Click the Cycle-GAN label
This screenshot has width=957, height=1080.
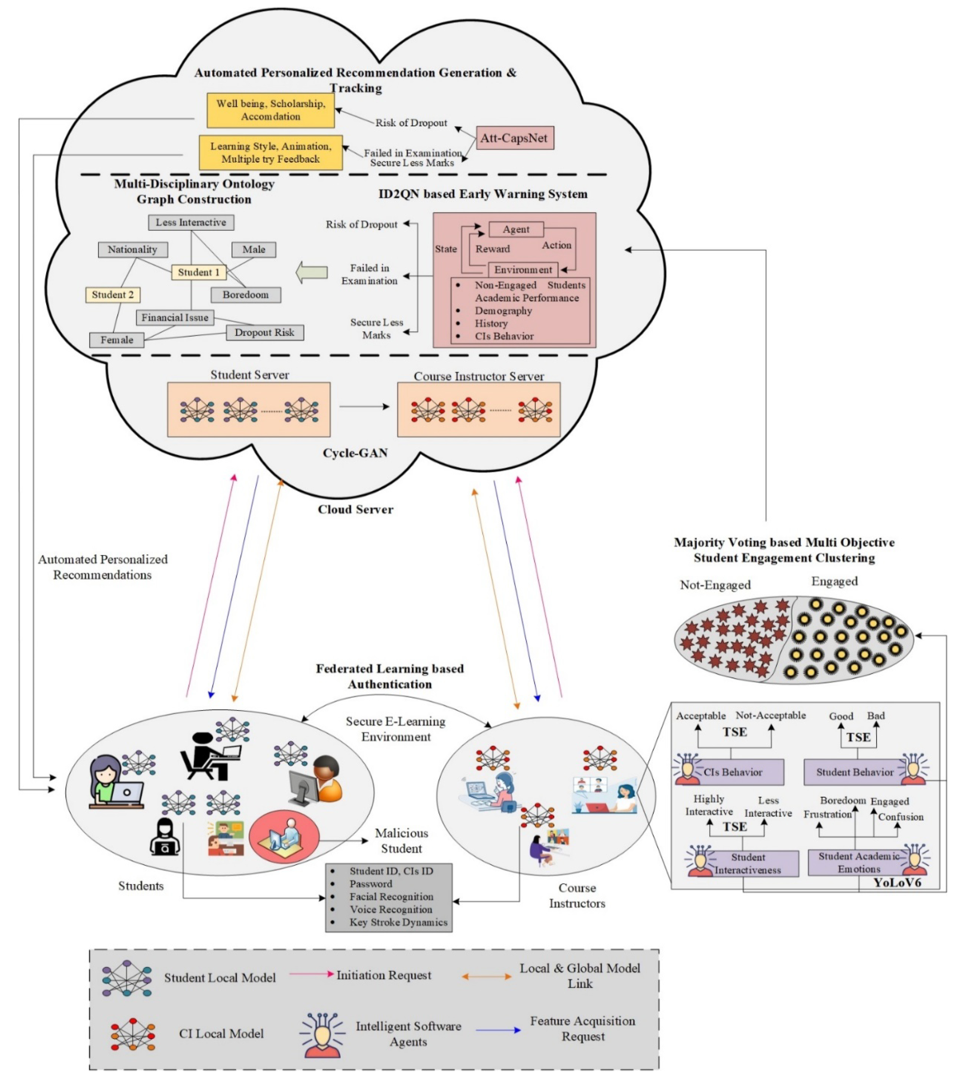355,453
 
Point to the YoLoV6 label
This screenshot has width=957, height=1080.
897,882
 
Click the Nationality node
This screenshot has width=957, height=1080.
133,249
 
